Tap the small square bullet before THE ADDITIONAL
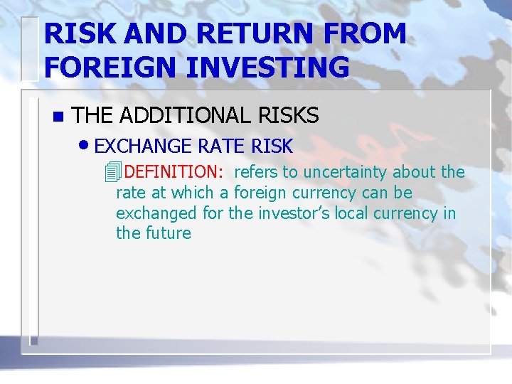tap(58, 116)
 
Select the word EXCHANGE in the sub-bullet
tap(143, 146)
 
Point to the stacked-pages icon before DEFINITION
tap(110, 172)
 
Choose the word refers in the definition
tap(256, 172)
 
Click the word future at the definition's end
tap(169, 233)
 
